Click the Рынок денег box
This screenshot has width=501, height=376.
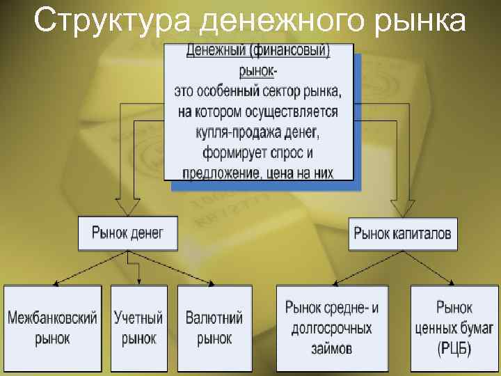pyautogui.click(x=127, y=233)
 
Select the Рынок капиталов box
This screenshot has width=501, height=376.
pyautogui.click(x=402, y=233)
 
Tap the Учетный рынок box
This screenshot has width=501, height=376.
pyautogui.click(x=138, y=329)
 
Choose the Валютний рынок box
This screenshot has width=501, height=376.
pyautogui.click(x=214, y=329)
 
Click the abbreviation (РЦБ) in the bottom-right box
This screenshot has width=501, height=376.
pyautogui.click(x=454, y=348)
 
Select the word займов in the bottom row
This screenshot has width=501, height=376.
pyautogui.click(x=332, y=347)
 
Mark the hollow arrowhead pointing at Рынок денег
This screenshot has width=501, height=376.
pyautogui.click(x=127, y=207)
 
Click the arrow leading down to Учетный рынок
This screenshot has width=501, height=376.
pyautogui.click(x=139, y=272)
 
